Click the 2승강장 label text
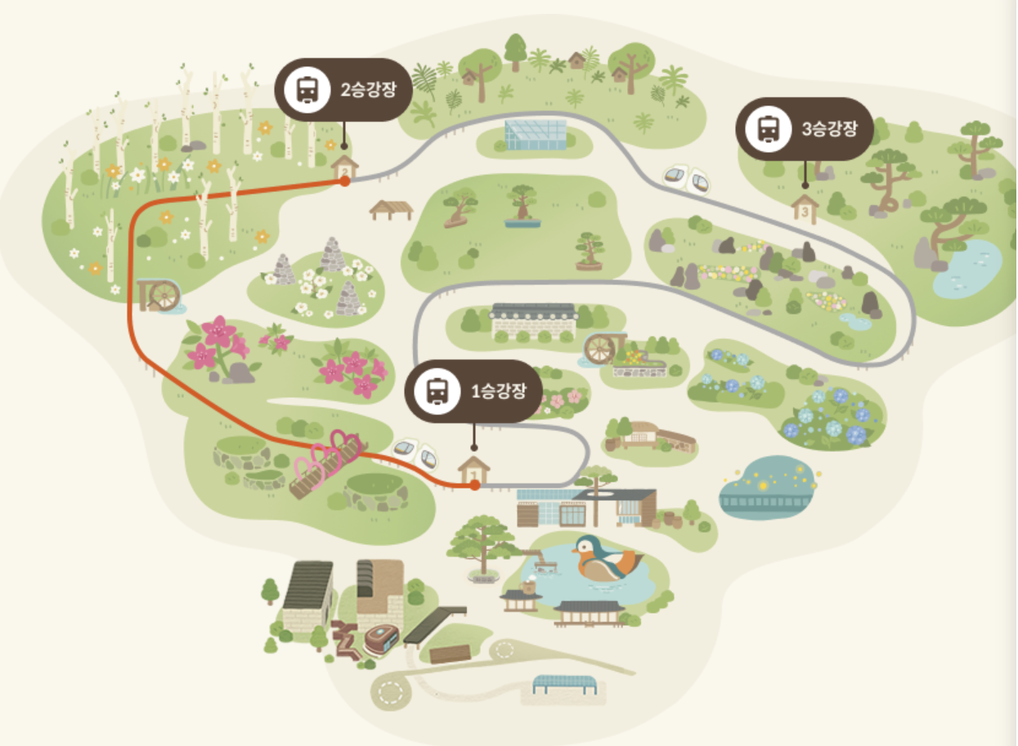[x=369, y=89]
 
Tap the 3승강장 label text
[x=829, y=129]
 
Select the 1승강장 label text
[x=499, y=391]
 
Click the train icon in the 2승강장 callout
[x=307, y=89]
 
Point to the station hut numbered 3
[x=805, y=209]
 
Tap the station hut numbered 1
[x=473, y=470]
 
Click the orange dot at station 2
[x=345, y=181]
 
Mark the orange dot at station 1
[x=474, y=485]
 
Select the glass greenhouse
[x=536, y=134]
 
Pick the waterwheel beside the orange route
[x=159, y=295]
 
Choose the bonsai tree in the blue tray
[x=522, y=207]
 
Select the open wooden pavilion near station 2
[x=392, y=210]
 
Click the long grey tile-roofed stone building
[x=534, y=321]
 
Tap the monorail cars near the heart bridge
[x=415, y=453]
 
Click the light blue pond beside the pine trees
[x=966, y=269]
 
